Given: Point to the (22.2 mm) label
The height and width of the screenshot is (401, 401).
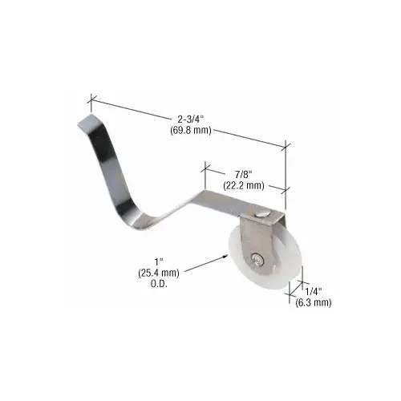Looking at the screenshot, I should tap(241, 185).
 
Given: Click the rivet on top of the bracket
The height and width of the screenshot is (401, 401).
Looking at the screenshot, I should tap(265, 212).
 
